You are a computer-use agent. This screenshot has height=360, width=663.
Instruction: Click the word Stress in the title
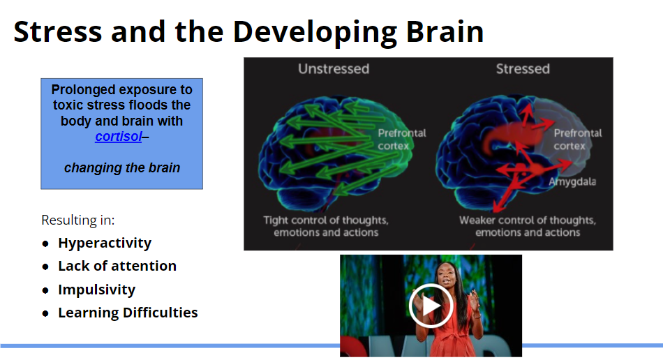[x=58, y=31]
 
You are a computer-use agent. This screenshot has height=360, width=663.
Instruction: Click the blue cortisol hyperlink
[x=119, y=137]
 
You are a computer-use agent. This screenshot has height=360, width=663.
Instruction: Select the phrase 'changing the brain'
[x=121, y=167]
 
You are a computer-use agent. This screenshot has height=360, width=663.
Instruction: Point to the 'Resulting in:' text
[x=77, y=220]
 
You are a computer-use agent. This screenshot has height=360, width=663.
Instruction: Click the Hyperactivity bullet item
[x=105, y=243]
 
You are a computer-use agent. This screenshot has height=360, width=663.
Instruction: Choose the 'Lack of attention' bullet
[x=117, y=266]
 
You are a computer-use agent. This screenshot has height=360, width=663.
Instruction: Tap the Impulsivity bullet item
[x=96, y=290]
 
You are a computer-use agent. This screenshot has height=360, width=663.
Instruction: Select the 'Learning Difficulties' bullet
[x=128, y=313]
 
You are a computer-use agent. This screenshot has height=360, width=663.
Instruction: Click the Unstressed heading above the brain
[x=334, y=69]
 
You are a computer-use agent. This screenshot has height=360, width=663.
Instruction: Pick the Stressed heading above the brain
[x=523, y=69]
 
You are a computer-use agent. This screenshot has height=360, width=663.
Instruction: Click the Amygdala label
[x=572, y=181]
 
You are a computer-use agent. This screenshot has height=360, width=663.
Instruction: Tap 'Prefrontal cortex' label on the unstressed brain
[x=402, y=140]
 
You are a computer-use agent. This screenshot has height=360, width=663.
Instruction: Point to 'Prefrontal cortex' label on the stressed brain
[x=578, y=140]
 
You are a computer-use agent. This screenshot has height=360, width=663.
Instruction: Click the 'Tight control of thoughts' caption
[x=326, y=226]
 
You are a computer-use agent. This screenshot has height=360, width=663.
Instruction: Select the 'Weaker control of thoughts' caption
[x=528, y=226]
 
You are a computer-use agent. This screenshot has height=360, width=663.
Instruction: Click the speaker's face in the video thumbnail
[x=447, y=276]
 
